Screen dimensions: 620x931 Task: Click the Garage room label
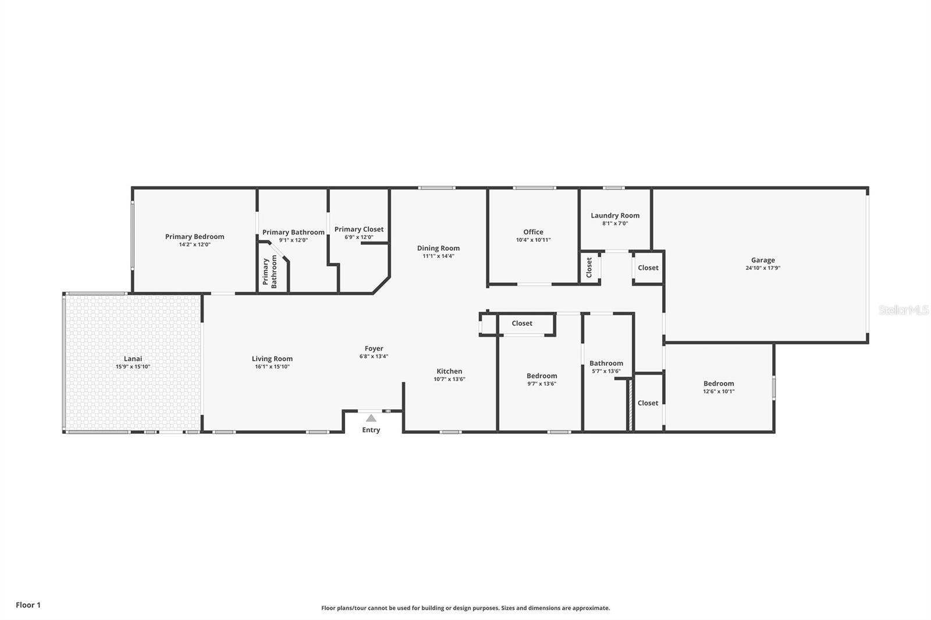point(762,261)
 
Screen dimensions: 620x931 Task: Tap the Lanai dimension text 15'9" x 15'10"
point(133,367)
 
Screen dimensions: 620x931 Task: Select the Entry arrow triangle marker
point(371,418)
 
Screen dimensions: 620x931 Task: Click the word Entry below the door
point(371,430)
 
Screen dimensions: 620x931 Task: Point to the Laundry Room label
point(614,215)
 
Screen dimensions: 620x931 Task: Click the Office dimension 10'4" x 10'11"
point(532,240)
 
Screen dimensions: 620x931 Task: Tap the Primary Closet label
point(358,229)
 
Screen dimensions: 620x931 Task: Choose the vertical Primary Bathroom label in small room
point(270,273)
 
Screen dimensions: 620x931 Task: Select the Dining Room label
point(438,248)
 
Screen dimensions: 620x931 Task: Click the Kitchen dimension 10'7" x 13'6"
point(449,379)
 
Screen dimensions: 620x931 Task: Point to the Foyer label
point(374,348)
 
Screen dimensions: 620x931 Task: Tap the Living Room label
point(272,359)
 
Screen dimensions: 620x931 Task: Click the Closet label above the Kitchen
point(521,323)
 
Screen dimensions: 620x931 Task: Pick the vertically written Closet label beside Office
point(589,267)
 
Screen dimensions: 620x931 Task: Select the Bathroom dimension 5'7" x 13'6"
point(606,371)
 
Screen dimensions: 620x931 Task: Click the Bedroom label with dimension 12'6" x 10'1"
point(718,383)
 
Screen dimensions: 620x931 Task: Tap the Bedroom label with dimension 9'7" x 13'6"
point(541,376)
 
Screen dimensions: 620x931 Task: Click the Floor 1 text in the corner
point(28,605)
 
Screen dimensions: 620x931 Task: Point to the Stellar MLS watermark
point(903,311)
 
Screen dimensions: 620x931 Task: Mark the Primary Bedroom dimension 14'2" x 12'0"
point(194,244)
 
